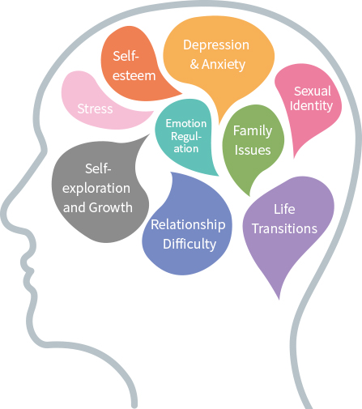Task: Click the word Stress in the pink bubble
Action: (x=95, y=109)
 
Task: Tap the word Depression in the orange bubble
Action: (x=216, y=45)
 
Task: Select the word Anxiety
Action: (x=224, y=65)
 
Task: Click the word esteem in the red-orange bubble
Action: (x=134, y=76)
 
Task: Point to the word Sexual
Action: (x=313, y=92)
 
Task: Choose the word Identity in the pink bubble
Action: (x=311, y=105)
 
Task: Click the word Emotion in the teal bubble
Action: (x=186, y=123)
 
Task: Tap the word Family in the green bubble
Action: (x=253, y=131)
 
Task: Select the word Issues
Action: (x=253, y=151)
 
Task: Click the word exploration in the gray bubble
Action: (x=96, y=189)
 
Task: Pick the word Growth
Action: (x=111, y=207)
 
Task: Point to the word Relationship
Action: (x=188, y=224)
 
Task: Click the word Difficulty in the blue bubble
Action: (x=190, y=244)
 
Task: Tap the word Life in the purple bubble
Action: (x=284, y=209)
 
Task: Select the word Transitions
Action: (x=284, y=228)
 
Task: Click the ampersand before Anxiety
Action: (x=194, y=65)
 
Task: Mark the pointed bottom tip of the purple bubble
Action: (x=279, y=300)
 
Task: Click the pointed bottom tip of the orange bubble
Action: (x=219, y=124)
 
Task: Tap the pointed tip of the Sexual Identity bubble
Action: (x=294, y=157)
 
